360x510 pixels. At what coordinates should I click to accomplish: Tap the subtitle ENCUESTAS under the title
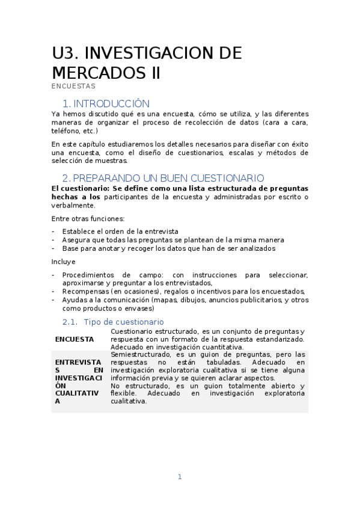pos(73,86)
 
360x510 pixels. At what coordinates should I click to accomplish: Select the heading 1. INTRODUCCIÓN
pos(106,103)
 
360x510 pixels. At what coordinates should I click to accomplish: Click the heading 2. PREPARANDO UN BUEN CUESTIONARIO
pos(163,178)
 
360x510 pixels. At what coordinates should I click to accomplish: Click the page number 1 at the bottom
pos(179,477)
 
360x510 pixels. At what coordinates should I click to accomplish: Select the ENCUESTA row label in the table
pos(75,339)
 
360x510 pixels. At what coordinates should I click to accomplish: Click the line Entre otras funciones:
pos(88,218)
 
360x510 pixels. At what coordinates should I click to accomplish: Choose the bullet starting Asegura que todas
pos(156,239)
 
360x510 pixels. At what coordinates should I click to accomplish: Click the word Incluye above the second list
pos(64,262)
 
